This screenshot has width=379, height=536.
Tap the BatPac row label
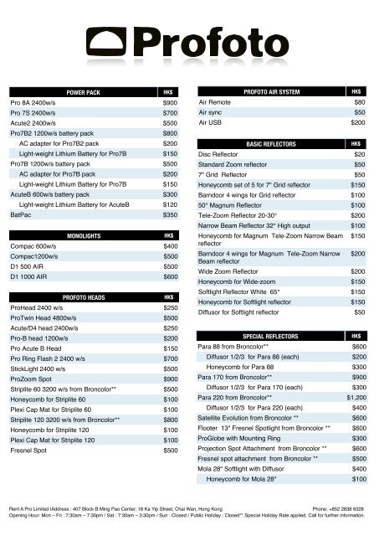(20, 214)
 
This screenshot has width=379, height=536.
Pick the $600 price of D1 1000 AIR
(170, 276)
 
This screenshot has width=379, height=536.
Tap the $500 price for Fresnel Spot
(170, 450)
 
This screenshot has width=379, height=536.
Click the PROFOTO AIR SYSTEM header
(272, 90)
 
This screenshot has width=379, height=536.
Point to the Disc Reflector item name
(222, 155)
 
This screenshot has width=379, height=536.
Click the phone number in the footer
(338, 508)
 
